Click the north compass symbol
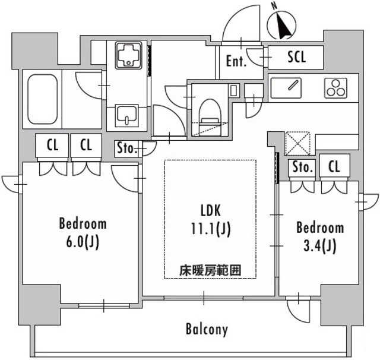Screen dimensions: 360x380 tap(281, 24)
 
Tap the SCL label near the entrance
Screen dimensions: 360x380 tap(296, 57)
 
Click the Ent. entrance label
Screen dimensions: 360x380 tap(236, 61)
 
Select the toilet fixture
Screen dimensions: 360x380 tap(208, 112)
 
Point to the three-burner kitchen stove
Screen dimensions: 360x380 tap(335, 88)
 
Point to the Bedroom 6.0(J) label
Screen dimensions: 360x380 tap(83, 232)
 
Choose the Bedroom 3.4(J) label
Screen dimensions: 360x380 tap(319, 236)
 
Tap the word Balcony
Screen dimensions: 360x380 tap(206, 329)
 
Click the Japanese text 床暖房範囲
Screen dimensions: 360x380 tap(210, 270)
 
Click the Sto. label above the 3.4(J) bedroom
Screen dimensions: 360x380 tap(302, 168)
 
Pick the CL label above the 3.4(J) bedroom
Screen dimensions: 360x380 tap(334, 168)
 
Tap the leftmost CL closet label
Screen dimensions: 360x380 tap(52, 146)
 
